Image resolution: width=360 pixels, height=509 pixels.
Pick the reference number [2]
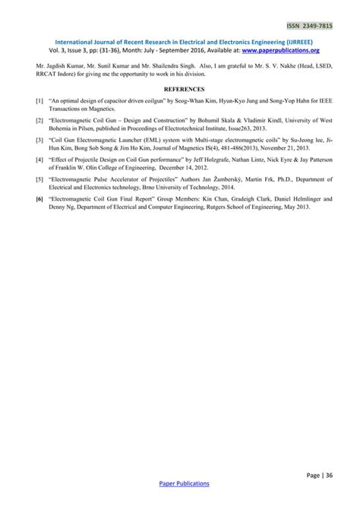[x=39, y=120]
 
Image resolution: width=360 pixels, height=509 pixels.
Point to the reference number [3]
[x=39, y=141]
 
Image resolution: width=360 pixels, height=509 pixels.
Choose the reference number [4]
[x=39, y=160]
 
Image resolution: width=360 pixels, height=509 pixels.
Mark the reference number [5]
[x=39, y=180]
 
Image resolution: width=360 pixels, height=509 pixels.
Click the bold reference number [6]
[x=39, y=200]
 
